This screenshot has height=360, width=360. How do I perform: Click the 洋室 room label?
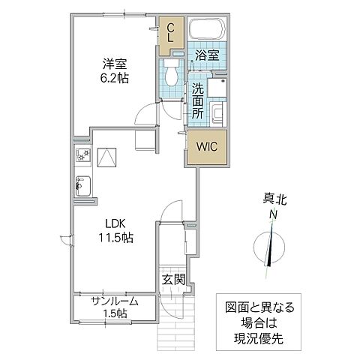[x=115, y=64]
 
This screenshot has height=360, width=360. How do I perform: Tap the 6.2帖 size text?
[x=115, y=78]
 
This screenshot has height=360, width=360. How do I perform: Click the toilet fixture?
[x=172, y=76]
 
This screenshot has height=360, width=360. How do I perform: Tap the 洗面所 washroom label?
[x=197, y=99]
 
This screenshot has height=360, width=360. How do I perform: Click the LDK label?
[x=115, y=224]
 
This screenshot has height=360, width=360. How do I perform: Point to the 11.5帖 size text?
[x=115, y=238]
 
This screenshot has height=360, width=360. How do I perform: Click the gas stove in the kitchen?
[x=82, y=156]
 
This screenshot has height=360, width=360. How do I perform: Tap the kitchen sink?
[x=82, y=184]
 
